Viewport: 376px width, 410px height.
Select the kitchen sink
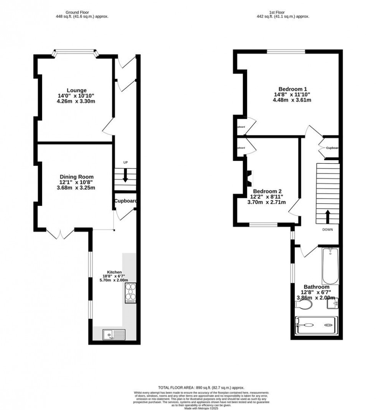pos(114,335)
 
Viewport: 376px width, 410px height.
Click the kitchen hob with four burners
pos(130,293)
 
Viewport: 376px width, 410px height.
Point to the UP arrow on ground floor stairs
pos(125,177)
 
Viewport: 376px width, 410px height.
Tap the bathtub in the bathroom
pos(330,266)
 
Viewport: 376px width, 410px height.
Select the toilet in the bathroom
pos(304,305)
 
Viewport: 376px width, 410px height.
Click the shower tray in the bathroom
pos(317,325)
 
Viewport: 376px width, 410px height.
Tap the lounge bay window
pos(75,51)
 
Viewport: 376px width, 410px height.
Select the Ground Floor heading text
pos(76,12)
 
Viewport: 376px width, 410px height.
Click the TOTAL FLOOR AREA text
pos(201,388)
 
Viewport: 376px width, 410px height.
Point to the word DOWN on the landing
pos(327,230)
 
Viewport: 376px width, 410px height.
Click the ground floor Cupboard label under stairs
pos(125,201)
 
